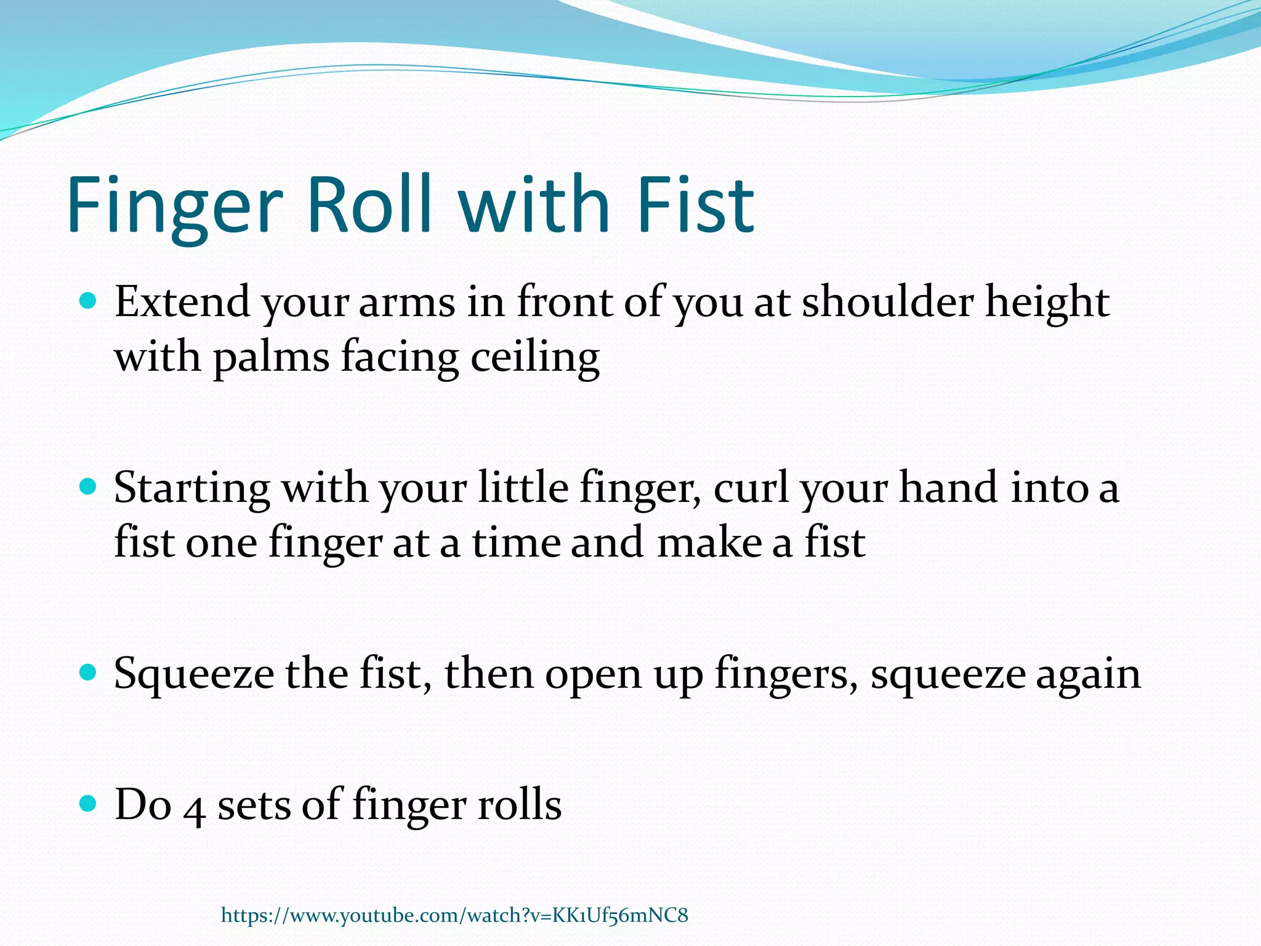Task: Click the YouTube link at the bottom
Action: tap(454, 915)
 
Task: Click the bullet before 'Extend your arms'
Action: tap(89, 301)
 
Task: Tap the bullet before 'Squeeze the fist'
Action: tap(89, 673)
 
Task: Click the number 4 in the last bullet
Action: tap(195, 809)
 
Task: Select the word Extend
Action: tap(182, 302)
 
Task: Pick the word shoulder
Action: tap(888, 302)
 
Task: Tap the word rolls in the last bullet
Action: tap(519, 804)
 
